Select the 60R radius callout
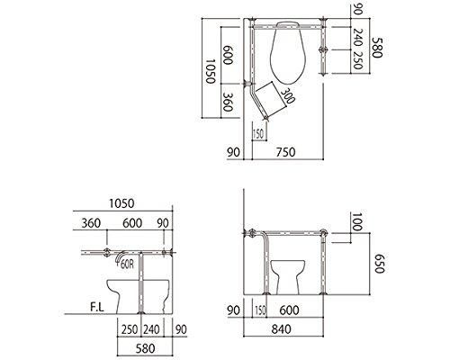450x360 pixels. pos(125,265)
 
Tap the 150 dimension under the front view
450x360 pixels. pos(260,310)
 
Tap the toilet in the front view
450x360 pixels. pos(295,274)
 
